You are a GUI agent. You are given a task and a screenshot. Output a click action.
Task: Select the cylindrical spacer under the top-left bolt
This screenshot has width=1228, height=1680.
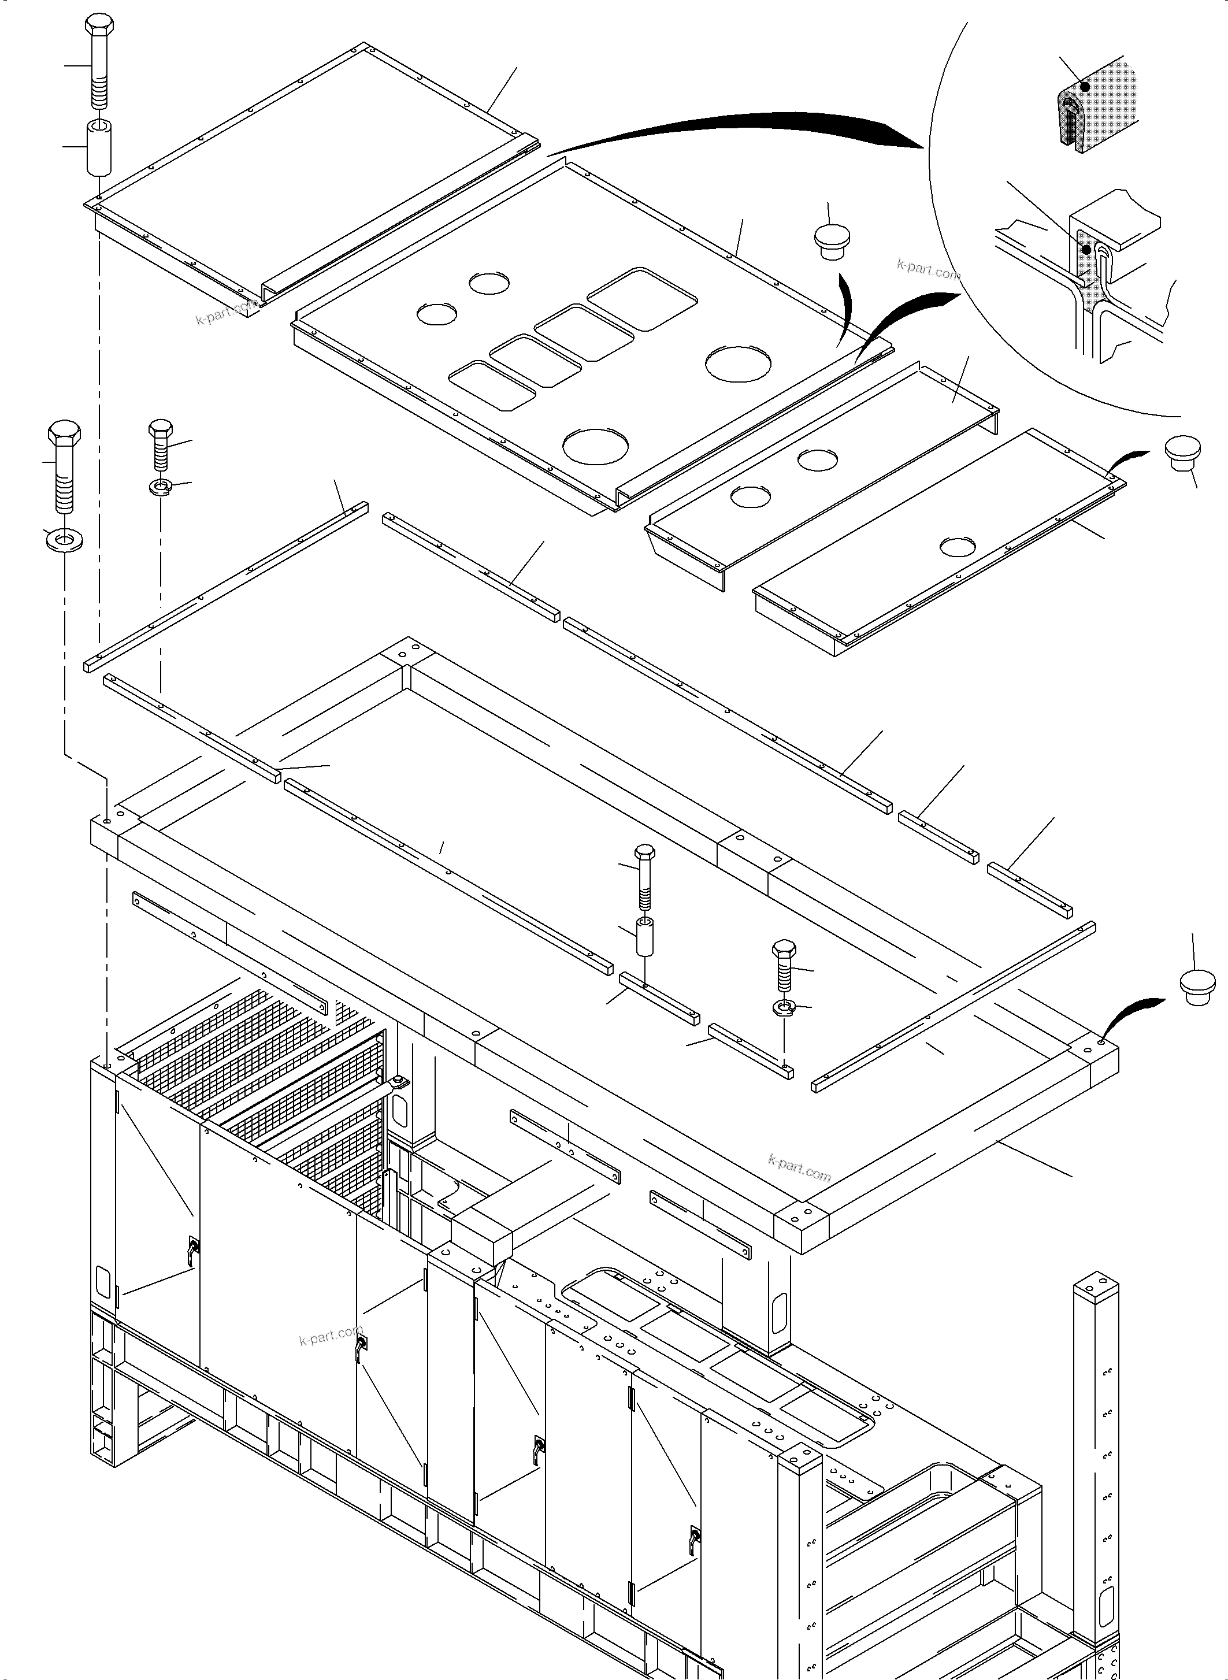[99, 148]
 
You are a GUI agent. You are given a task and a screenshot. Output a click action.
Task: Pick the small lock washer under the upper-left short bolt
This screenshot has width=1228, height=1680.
[160, 488]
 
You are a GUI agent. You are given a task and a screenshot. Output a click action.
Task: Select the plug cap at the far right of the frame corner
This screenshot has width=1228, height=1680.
[1197, 987]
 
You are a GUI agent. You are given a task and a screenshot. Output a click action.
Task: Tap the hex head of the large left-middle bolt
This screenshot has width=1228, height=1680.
[64, 434]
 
